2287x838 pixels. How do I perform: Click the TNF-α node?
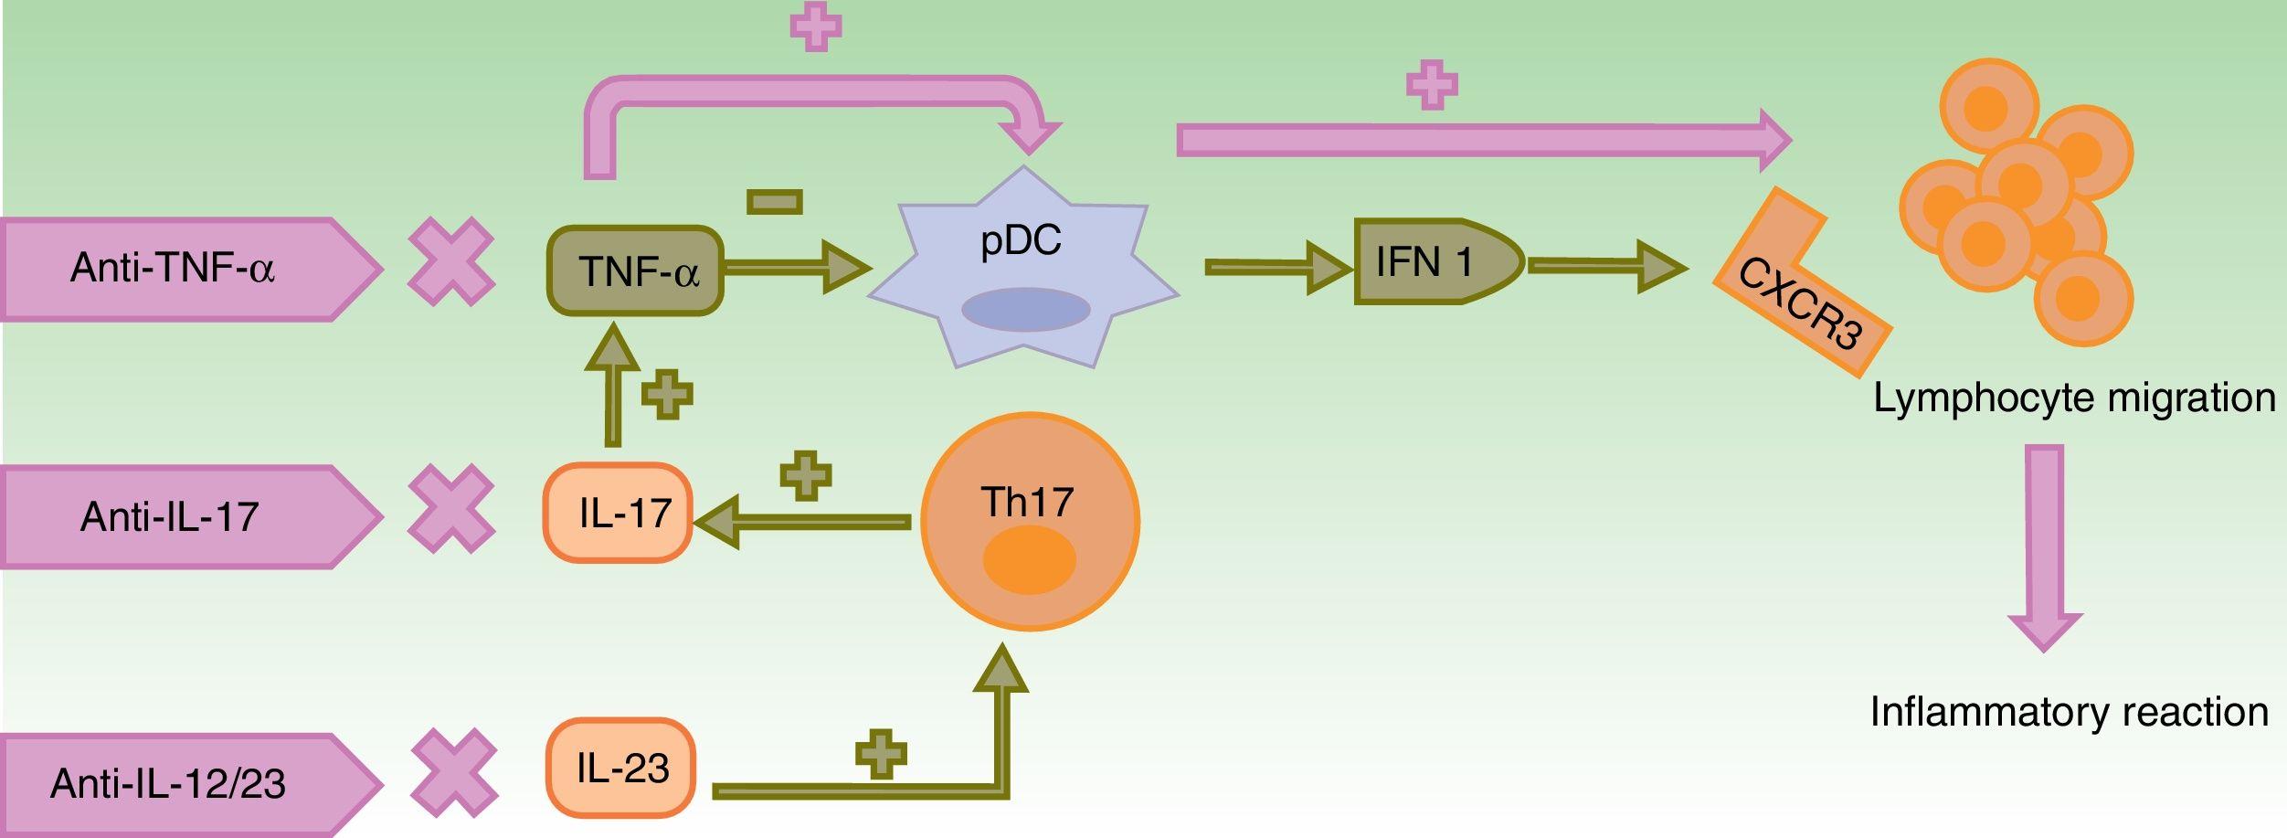pyautogui.click(x=636, y=271)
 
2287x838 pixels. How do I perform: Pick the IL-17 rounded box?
pyautogui.click(x=619, y=513)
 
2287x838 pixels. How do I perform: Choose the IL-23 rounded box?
pyautogui.click(x=621, y=768)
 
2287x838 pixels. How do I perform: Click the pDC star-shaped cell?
pyautogui.click(x=1022, y=265)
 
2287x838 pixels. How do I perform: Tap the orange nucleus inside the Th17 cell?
pyautogui.click(x=1029, y=559)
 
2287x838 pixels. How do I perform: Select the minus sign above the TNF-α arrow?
pyautogui.click(x=774, y=202)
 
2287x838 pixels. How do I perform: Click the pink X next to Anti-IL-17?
pyautogui.click(x=450, y=509)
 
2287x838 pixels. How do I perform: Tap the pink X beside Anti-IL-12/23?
pyautogui.click(x=453, y=773)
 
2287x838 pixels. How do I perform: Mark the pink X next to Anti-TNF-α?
pyautogui.click(x=450, y=261)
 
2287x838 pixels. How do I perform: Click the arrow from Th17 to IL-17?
pyautogui.click(x=804, y=522)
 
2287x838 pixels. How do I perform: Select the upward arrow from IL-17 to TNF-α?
pyautogui.click(x=612, y=388)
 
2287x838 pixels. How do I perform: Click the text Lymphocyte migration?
pyautogui.click(x=2074, y=398)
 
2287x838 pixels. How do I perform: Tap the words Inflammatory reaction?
pyautogui.click(x=2069, y=712)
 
